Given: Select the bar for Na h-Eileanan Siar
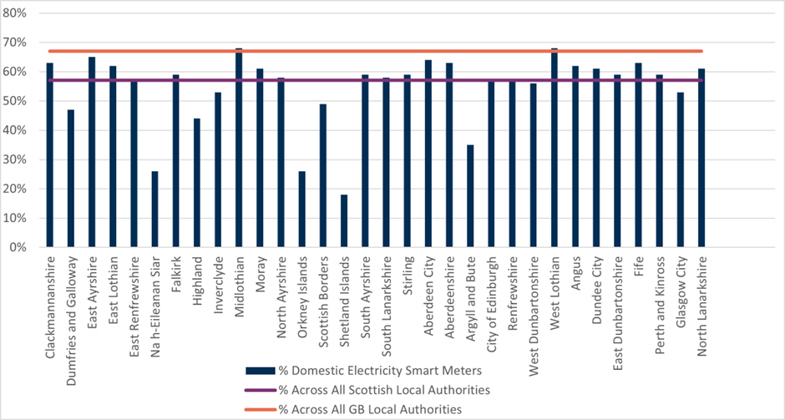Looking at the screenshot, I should tap(155, 210).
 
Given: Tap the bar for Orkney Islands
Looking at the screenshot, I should tap(302, 210).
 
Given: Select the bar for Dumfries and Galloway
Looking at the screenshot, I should tap(71, 179).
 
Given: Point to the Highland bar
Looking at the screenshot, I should tap(197, 183).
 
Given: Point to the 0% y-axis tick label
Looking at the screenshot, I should tap(18, 248).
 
